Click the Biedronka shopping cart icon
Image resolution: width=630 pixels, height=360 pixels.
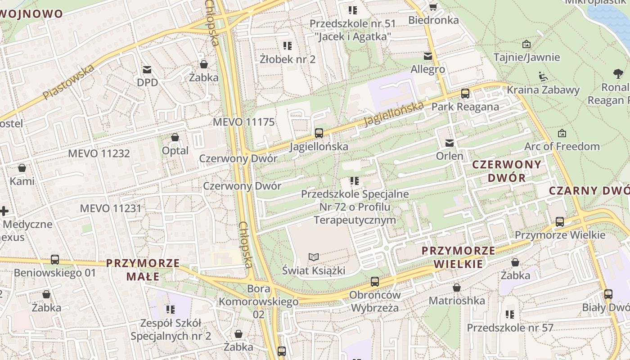433,7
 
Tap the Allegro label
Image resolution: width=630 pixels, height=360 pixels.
427,69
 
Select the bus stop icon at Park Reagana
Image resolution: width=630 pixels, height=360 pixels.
465,94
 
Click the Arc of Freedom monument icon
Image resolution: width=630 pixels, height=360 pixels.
562,133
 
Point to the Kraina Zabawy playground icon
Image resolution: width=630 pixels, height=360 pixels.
543,76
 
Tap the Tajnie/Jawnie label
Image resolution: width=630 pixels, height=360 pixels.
526,57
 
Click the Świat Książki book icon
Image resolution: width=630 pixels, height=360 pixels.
314,257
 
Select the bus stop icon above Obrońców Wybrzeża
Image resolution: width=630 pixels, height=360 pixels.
374,282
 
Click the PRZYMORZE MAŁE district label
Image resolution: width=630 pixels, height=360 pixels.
143,269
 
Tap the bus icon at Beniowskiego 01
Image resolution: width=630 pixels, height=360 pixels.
55,260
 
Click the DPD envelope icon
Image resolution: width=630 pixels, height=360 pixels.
147,70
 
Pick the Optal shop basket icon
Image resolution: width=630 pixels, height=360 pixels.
175,137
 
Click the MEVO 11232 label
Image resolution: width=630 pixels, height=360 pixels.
99,153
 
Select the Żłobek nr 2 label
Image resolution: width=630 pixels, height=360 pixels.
288,59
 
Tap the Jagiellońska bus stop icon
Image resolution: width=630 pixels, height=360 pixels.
319,133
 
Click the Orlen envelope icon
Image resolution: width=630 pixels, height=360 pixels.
449,143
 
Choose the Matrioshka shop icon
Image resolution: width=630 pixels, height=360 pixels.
457,288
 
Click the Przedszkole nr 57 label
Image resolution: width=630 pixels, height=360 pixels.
509,328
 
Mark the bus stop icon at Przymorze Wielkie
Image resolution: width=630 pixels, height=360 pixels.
560,221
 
